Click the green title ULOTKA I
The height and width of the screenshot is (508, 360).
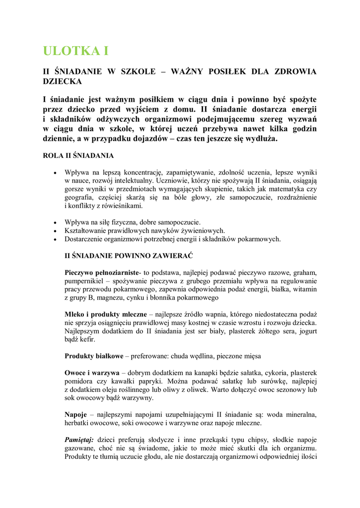coord(75,51)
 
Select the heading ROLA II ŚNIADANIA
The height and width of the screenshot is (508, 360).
coord(78,156)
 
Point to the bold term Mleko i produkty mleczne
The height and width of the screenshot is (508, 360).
coord(105,315)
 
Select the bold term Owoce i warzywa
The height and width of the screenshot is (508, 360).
coord(92,373)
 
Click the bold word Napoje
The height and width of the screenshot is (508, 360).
coord(76,414)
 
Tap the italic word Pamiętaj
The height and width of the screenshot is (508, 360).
coord(80,440)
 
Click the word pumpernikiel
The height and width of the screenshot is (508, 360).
coord(84,281)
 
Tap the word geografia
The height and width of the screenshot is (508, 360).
coord(79,197)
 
